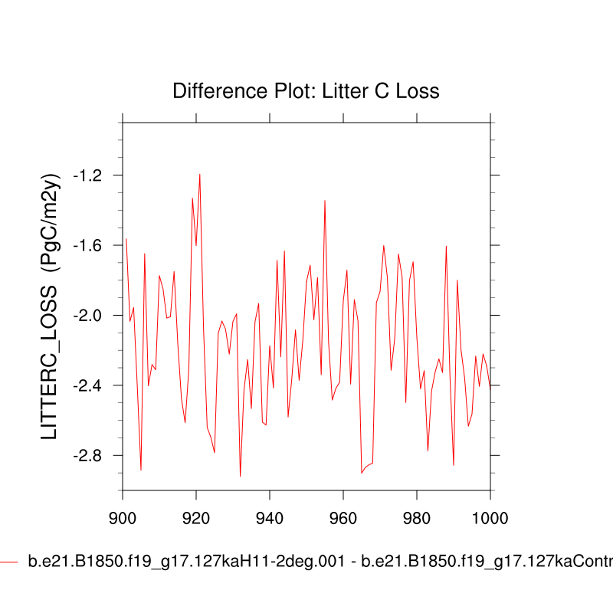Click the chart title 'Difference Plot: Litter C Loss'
point(306,91)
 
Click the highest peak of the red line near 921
point(200,174)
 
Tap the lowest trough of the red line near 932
point(241,476)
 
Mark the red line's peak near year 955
point(325,201)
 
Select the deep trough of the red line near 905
point(141,470)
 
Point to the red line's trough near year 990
point(454,465)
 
